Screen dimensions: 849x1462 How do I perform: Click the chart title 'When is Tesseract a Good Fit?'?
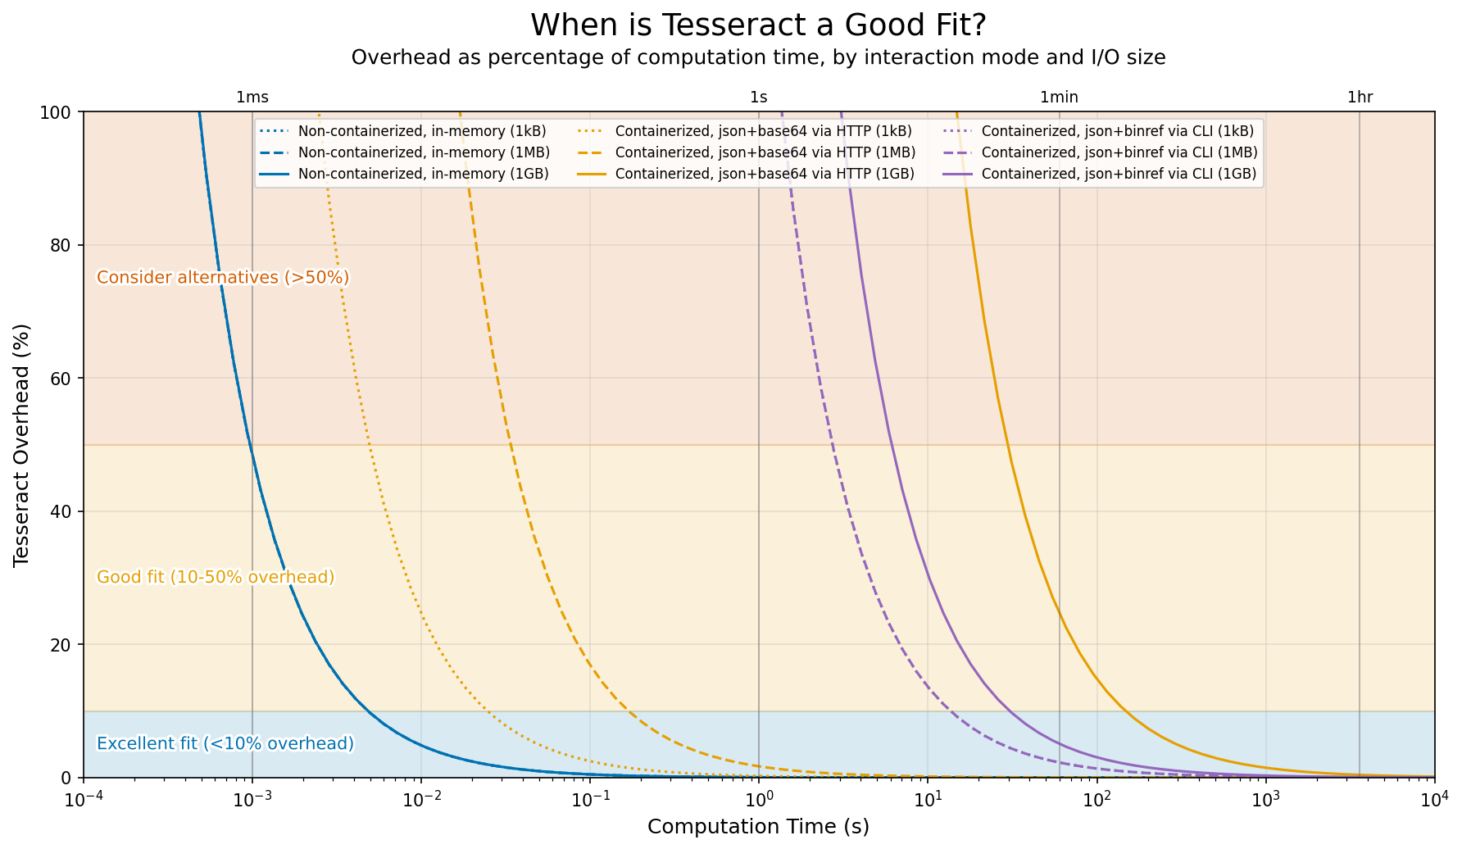tap(758, 25)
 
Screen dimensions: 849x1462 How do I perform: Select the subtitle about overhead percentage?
tap(758, 57)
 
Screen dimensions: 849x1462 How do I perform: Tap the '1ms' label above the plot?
tap(252, 98)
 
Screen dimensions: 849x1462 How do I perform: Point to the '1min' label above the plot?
tap(1059, 98)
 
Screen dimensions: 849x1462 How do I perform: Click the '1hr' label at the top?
tap(1360, 98)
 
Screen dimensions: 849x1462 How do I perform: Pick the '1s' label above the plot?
tap(758, 98)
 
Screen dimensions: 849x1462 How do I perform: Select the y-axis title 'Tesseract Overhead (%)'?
tap(22, 444)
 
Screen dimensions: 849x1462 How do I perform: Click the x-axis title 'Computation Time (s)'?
tap(758, 827)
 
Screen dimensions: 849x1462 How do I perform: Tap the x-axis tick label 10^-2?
tap(420, 797)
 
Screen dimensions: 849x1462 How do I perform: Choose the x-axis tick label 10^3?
tap(1266, 797)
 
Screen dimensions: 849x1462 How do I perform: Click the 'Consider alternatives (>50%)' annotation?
tap(223, 278)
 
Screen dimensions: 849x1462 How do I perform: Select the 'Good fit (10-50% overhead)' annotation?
tap(216, 578)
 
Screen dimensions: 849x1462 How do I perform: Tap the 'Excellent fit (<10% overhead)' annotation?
tap(225, 744)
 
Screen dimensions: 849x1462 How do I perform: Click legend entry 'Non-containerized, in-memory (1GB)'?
tap(423, 174)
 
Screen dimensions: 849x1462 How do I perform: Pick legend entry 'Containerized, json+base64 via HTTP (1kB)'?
tap(763, 131)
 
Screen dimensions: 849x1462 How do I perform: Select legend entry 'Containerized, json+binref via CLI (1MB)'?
tap(1119, 152)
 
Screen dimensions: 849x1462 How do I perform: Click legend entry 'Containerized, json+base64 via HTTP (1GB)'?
tap(765, 174)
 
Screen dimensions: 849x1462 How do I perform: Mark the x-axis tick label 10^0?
tap(758, 797)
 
